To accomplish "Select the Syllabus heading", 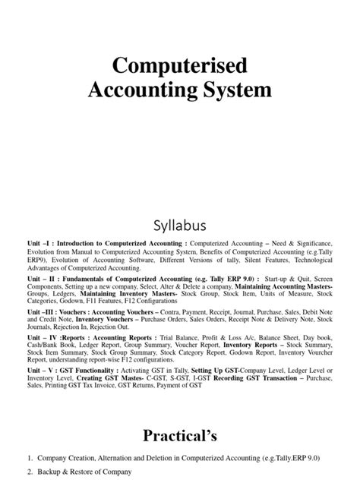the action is [179, 226].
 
